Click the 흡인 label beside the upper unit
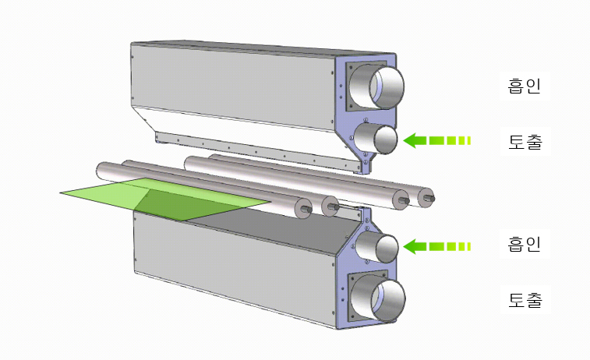click(x=525, y=86)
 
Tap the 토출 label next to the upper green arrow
click(x=525, y=142)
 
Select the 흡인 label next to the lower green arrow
click(x=525, y=244)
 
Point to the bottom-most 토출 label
click(x=525, y=300)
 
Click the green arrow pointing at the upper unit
click(x=437, y=141)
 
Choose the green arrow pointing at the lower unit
click(x=437, y=246)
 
